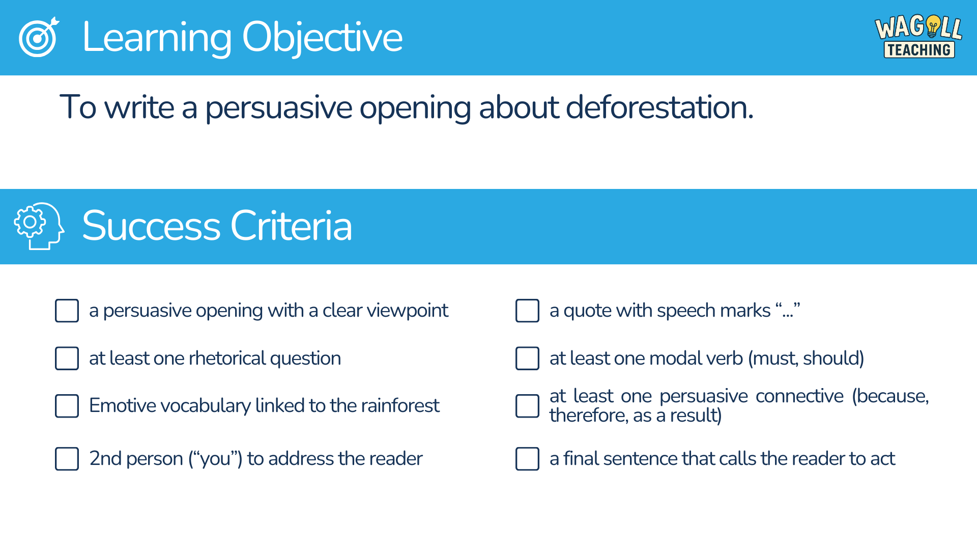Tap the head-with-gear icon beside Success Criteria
[x=39, y=226]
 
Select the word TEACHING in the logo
[x=919, y=50]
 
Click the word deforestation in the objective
[x=659, y=107]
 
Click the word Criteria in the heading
[x=291, y=226]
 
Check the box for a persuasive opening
[x=67, y=311]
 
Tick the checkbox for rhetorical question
[x=67, y=359]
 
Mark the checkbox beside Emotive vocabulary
[x=67, y=406]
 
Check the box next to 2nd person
[x=67, y=459]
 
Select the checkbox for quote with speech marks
[x=527, y=311]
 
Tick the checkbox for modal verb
[x=527, y=359]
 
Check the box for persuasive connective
[x=527, y=406]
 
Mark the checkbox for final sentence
[x=527, y=459]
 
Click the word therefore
[x=589, y=416]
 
